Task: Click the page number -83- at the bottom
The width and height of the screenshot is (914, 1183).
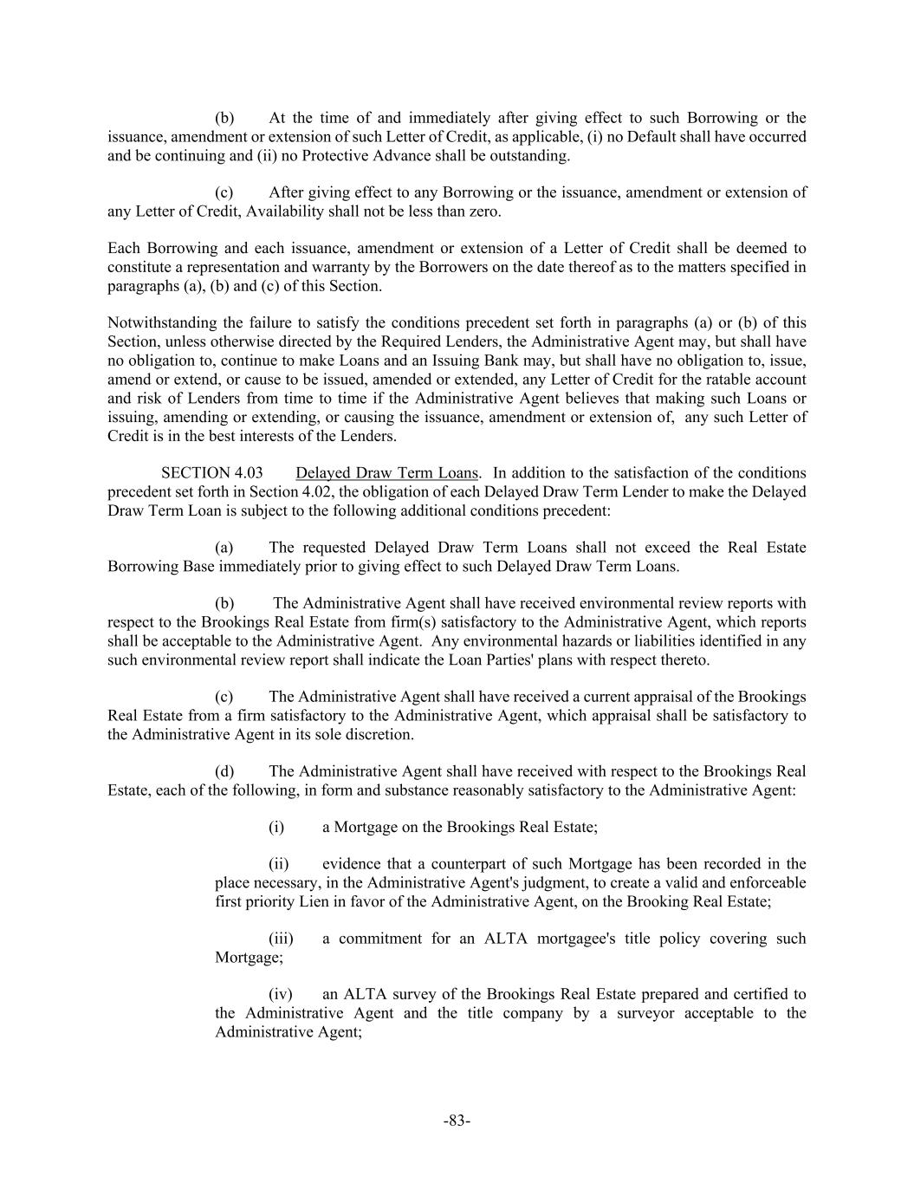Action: [x=457, y=1121]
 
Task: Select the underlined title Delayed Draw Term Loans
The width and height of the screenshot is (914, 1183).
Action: [x=386, y=473]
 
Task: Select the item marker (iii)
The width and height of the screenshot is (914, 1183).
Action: [x=281, y=939]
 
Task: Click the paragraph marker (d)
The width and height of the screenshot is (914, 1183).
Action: [x=224, y=771]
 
